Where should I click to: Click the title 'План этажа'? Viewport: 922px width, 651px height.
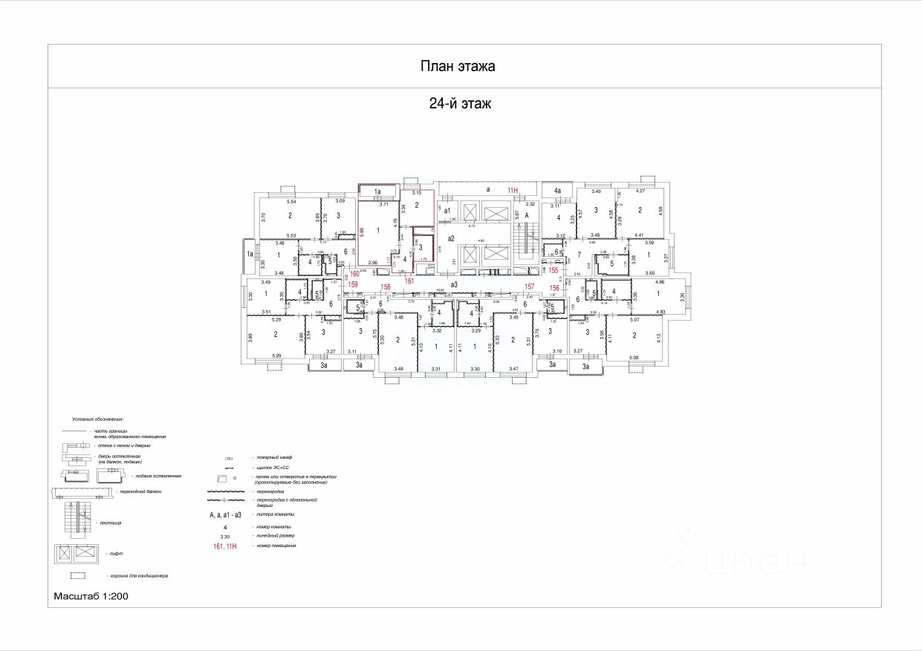click(x=458, y=67)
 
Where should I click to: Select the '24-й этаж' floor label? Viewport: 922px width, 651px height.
click(x=460, y=105)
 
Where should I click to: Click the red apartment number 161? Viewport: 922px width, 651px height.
click(x=409, y=281)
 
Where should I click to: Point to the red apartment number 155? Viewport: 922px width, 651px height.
click(x=553, y=271)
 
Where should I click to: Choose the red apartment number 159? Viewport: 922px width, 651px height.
click(x=354, y=285)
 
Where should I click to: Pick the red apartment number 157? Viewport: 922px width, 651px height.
click(x=530, y=286)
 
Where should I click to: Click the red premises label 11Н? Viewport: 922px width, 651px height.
click(x=513, y=191)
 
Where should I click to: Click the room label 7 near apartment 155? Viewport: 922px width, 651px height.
click(x=568, y=255)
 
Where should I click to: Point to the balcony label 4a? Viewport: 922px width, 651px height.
click(x=557, y=192)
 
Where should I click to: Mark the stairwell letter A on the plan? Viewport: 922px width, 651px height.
click(x=527, y=215)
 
